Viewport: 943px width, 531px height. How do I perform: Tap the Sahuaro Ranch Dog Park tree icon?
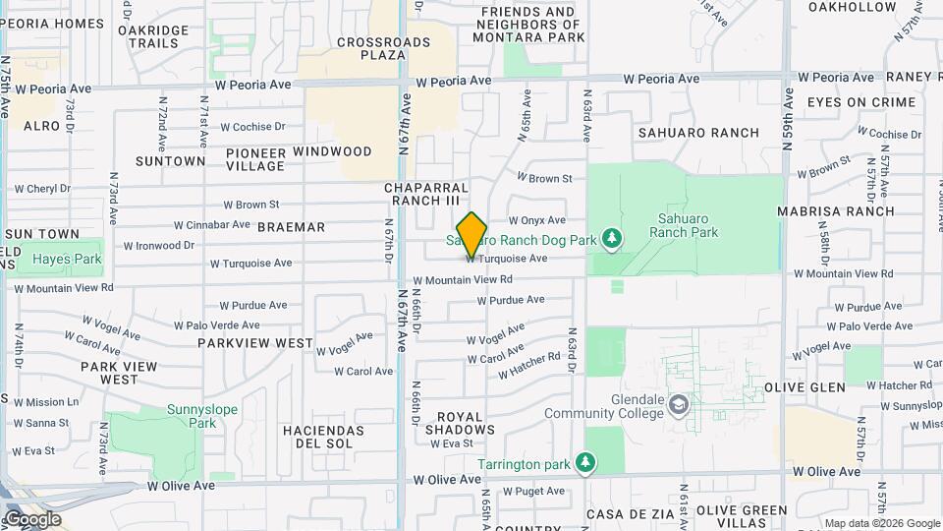tap(612, 239)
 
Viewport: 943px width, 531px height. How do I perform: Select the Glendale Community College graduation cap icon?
tap(678, 404)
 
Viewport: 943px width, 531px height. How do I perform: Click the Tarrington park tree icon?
tap(585, 462)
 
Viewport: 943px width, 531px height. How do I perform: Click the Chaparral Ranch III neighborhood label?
tap(426, 194)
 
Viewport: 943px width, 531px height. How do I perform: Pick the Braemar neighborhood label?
tap(291, 227)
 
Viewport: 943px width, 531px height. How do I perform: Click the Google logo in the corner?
tap(32, 519)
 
